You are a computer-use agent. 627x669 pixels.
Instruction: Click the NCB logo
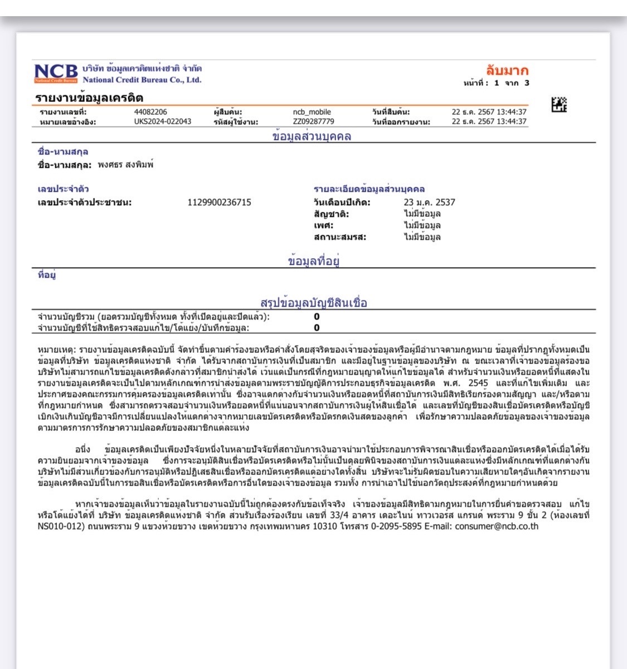coord(56,73)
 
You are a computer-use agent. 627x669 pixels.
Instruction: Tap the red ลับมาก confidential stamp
coord(507,71)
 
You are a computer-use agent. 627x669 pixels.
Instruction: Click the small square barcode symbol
coord(558,104)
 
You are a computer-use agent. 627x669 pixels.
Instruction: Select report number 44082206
coord(150,112)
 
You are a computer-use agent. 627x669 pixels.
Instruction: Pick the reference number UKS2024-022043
coord(162,122)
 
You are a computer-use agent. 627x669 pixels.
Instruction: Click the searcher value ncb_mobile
coord(312,112)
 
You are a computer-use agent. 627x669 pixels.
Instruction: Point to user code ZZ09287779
coord(313,122)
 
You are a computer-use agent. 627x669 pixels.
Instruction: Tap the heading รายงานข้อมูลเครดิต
coord(89,98)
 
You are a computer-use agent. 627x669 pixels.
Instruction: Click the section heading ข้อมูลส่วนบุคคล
coord(312,137)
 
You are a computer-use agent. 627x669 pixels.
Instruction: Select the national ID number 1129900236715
coord(219,202)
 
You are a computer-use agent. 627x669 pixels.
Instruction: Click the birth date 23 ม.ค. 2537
coord(429,202)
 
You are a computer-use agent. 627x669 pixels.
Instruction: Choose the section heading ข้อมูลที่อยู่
coord(314,261)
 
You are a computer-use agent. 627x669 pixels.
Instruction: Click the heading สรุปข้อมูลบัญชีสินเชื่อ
coord(314,303)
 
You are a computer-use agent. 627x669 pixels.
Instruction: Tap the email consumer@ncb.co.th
coord(497,526)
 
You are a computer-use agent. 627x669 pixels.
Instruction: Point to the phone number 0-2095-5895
coord(390,526)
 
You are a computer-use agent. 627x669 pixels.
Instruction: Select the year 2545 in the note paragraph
coord(478,384)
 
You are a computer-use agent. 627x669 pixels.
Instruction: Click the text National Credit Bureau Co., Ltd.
coord(142,80)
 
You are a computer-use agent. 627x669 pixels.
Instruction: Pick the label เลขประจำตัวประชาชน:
coord(85,202)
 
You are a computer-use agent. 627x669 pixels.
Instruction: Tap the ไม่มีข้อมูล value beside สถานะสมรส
coord(422,237)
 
